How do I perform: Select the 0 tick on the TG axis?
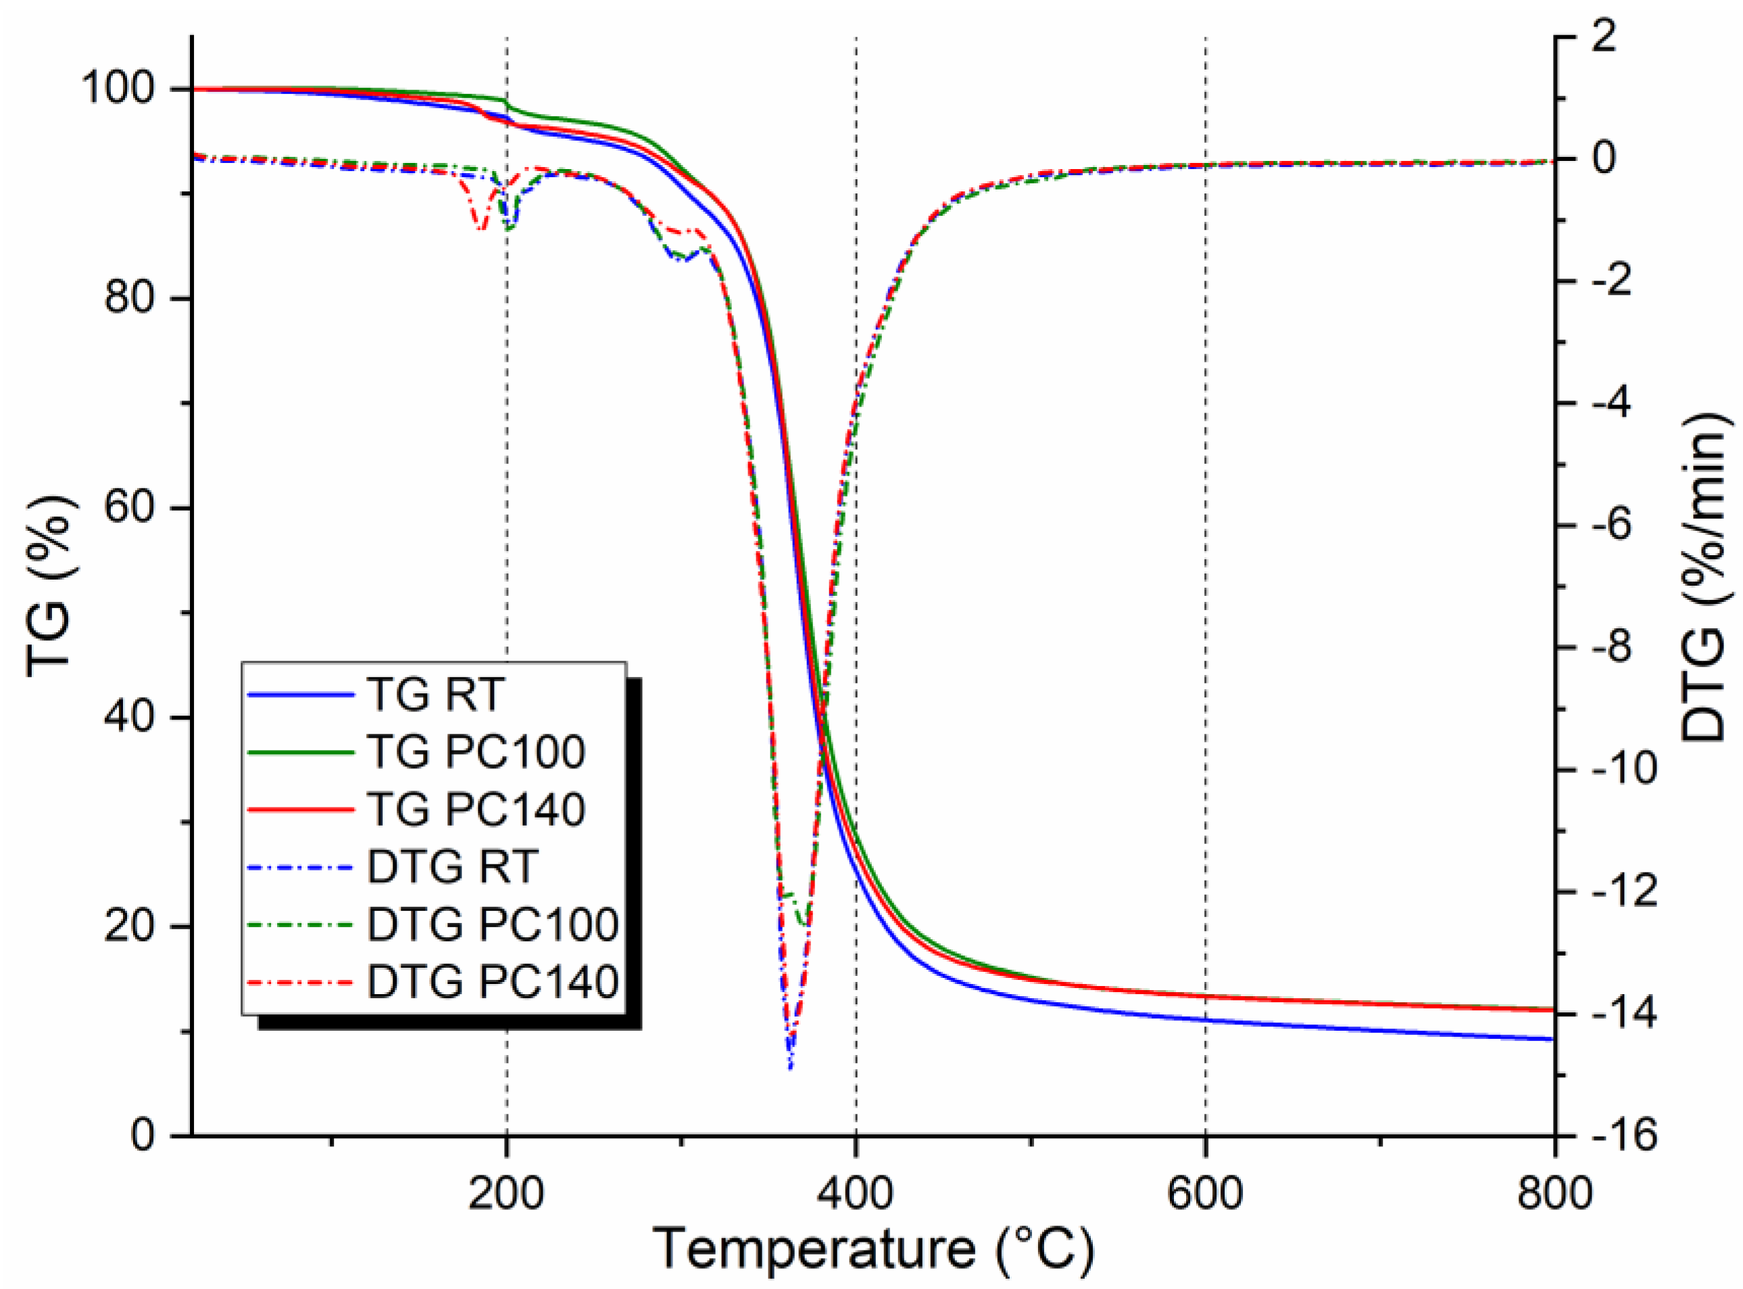pyautogui.click(x=143, y=1135)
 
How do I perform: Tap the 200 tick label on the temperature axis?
pyautogui.click(x=506, y=1194)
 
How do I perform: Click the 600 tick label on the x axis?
pyautogui.click(x=1205, y=1194)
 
